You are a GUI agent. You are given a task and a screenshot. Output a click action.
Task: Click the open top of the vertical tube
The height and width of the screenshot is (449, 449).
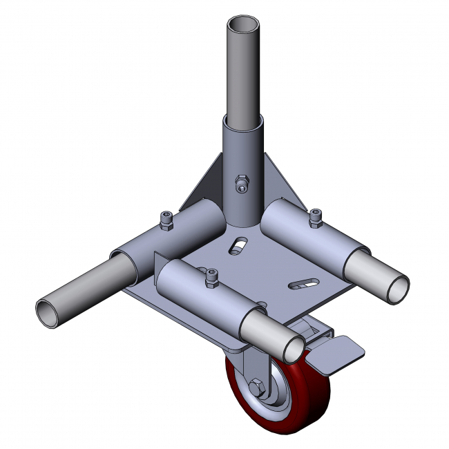[244, 24]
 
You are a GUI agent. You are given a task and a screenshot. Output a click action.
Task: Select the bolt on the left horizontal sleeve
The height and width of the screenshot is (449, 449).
[166, 219]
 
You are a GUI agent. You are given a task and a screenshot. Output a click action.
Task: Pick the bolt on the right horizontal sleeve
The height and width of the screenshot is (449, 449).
[316, 218]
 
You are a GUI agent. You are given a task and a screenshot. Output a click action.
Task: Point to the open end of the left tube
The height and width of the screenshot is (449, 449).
[48, 313]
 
